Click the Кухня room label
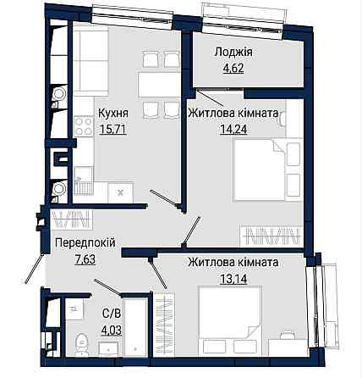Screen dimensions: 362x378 pos(113,114)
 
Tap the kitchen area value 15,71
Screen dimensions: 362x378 pos(112,130)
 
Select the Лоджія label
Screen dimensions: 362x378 pos(233,53)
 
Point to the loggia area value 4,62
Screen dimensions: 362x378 pos(233,69)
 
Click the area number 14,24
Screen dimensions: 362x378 pos(233,130)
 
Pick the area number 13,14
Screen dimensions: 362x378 pos(233,279)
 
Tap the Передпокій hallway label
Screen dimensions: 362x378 pos(85,242)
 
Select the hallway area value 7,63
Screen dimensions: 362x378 pos(85,259)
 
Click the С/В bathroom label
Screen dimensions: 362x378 pos(111,314)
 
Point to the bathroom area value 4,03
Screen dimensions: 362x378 pos(111,330)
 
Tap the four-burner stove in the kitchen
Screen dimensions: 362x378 pos(84,126)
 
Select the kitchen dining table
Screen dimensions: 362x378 pos(159,85)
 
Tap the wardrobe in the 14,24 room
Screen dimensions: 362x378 pos(271,235)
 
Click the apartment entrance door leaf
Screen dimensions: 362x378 pos(34,269)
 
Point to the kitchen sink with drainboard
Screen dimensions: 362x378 pos(84,181)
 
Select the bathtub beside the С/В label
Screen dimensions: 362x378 pos(136,326)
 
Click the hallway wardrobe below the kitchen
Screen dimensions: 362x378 pos(72,220)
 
